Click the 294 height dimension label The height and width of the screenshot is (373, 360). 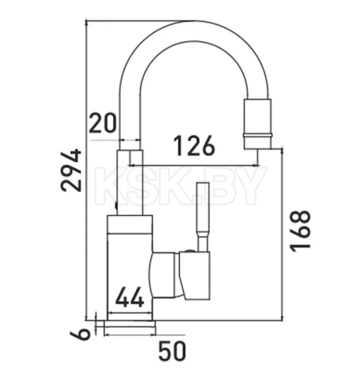(x=71, y=170)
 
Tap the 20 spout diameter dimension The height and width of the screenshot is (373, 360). (x=103, y=123)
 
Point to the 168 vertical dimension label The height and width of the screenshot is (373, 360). (x=300, y=231)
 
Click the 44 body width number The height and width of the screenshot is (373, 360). (x=130, y=297)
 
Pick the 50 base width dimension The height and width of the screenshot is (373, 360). (x=172, y=351)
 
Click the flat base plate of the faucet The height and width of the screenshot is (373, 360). (x=130, y=324)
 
